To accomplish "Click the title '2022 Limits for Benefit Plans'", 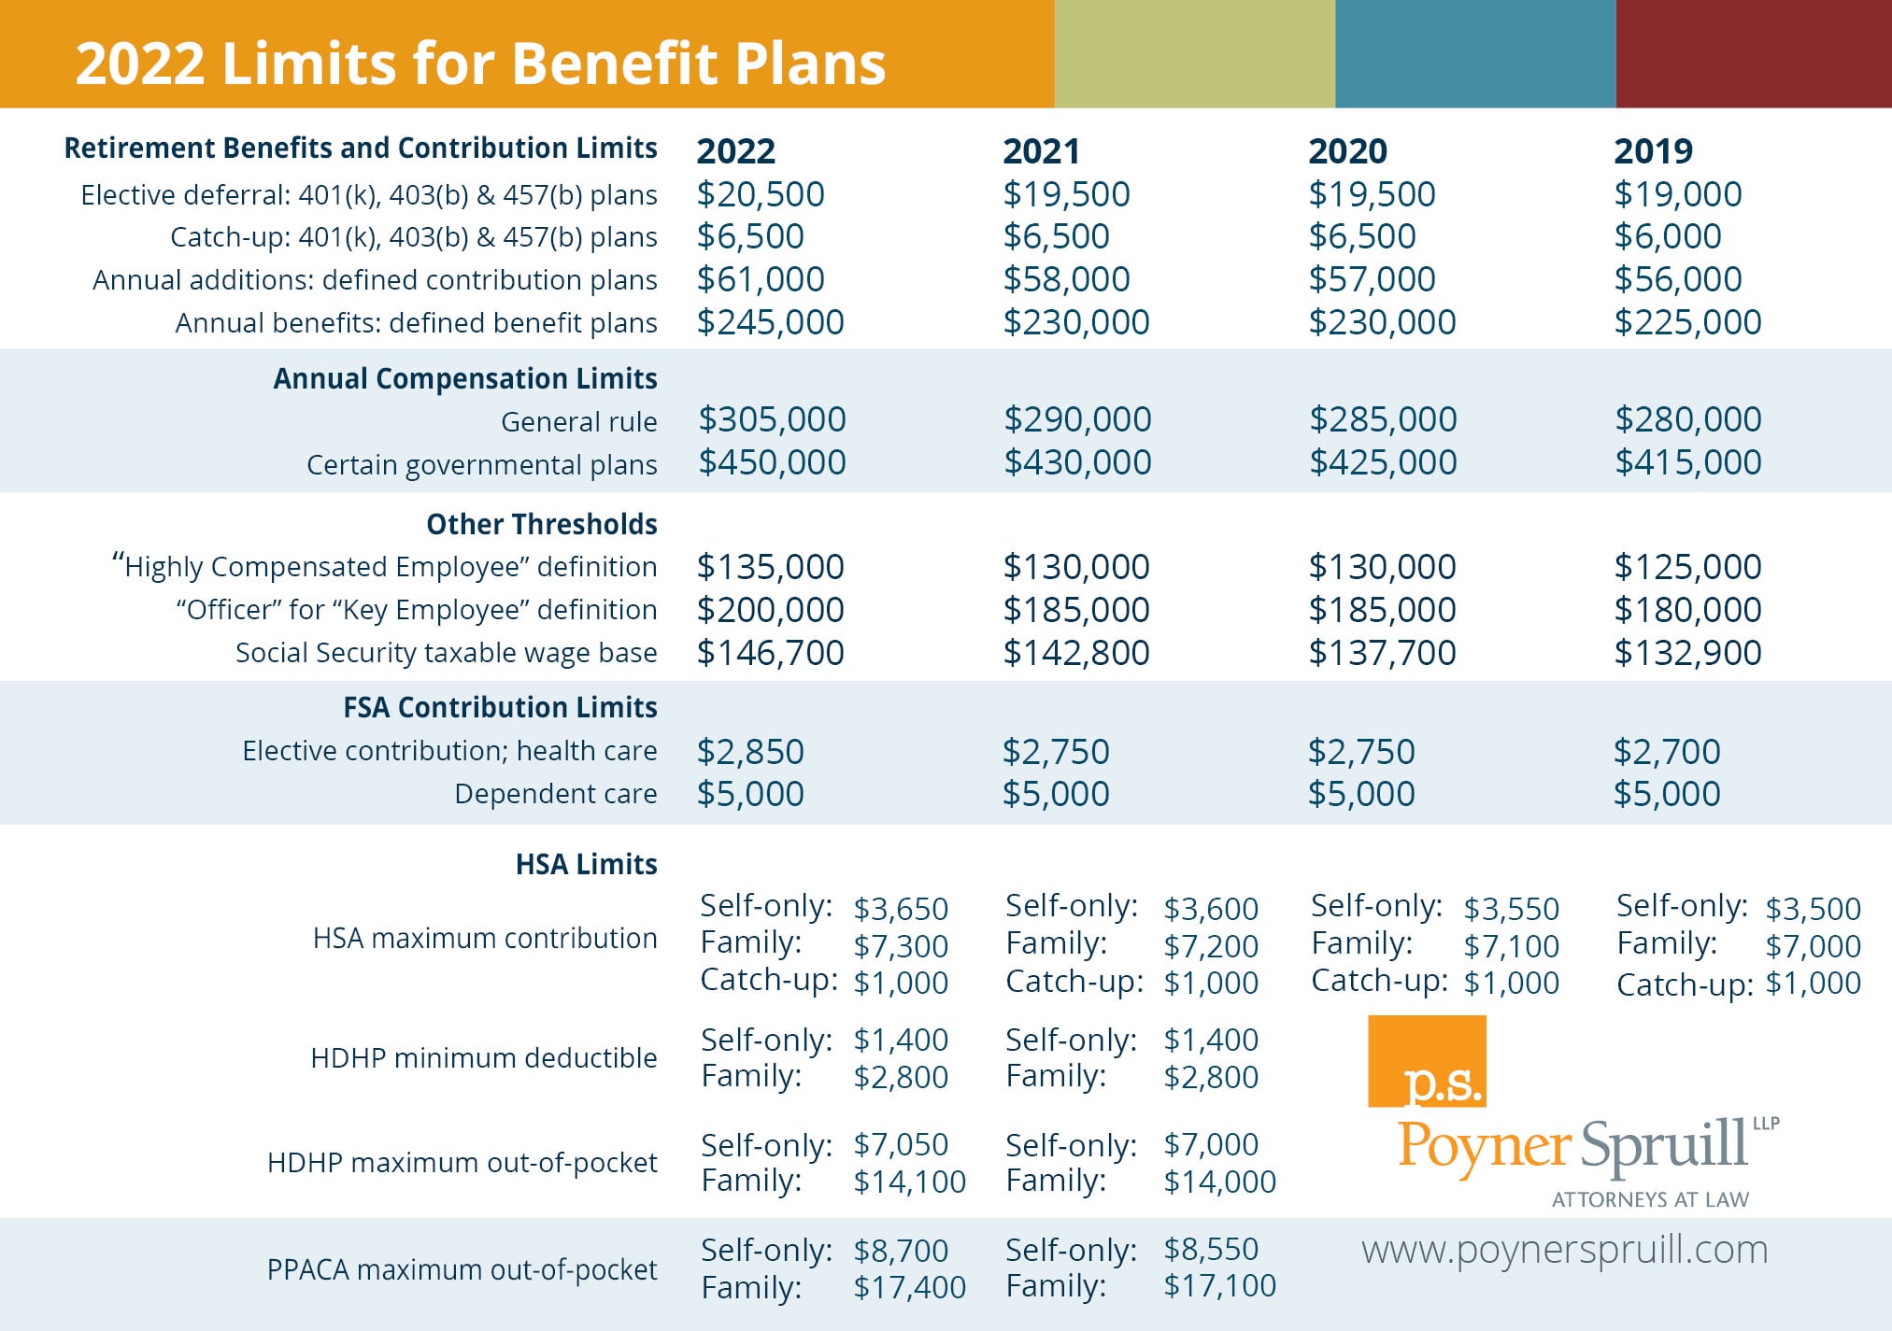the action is click(480, 64).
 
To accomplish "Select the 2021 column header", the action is click(1041, 150).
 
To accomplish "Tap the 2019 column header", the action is click(1653, 150).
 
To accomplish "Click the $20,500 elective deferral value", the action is click(761, 194).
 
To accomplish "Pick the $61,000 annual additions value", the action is click(761, 279).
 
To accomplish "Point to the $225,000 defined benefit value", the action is click(1687, 322).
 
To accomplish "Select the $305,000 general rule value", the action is click(772, 419).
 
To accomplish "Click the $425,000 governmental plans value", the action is click(1383, 462).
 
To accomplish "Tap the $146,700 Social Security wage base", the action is click(771, 653).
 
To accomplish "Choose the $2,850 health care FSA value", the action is click(750, 752).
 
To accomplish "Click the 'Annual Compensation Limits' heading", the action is click(465, 378).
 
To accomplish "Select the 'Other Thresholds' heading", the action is click(542, 524).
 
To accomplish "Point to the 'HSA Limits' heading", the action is click(587, 864).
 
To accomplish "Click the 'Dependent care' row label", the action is click(556, 794).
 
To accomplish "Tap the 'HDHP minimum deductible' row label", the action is click(484, 1058).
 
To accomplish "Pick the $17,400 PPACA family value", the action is click(910, 1288).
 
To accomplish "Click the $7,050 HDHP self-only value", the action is click(901, 1145).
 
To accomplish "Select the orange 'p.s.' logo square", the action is click(1427, 1061).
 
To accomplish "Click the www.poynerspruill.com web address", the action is click(1565, 1251).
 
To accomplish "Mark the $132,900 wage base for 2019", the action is click(1687, 653).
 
